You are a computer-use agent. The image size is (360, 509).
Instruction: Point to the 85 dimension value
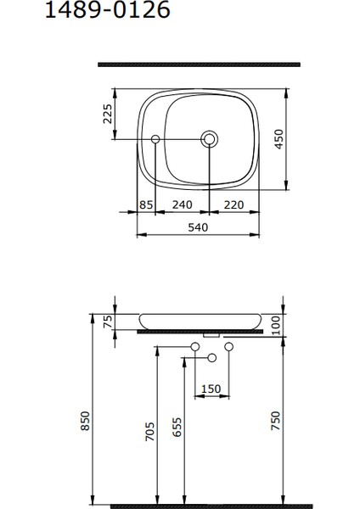coord(145,204)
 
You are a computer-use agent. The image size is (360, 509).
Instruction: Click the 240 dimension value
coord(183,204)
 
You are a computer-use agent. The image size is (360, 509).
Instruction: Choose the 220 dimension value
coord(235,204)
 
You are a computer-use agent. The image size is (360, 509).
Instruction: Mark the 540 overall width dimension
coord(198,227)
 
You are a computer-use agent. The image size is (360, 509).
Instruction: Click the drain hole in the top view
coord(209,137)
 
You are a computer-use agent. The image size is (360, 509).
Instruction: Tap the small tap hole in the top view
coord(155,137)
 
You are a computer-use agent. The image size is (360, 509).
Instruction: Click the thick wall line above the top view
coord(199,64)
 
